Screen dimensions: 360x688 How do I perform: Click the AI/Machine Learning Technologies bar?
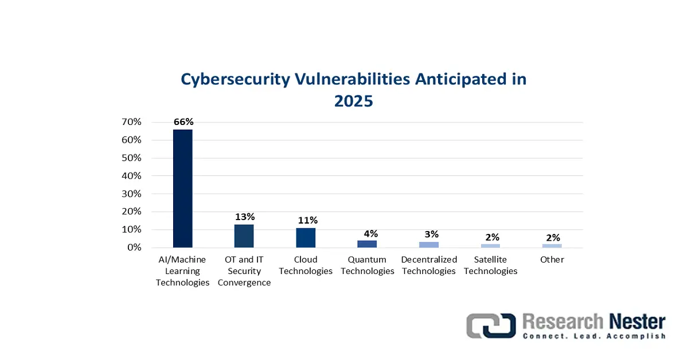coord(183,188)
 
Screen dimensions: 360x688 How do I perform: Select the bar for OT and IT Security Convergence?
coord(244,236)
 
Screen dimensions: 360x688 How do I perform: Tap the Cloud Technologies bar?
coord(306,237)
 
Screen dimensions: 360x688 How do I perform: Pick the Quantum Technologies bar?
coord(367,244)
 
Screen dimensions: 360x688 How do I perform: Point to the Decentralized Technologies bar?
coord(428,245)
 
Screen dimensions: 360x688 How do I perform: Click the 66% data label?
coord(183,122)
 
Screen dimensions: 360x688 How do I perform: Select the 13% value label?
coord(245,217)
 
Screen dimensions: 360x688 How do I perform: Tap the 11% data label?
coord(306,220)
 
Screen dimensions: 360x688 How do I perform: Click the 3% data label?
coord(431,234)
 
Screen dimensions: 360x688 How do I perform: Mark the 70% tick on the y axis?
coord(131,122)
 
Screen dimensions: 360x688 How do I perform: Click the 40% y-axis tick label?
coord(131,176)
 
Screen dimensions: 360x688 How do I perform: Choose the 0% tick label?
coord(134,248)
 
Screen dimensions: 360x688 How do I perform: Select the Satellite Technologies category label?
coord(490,265)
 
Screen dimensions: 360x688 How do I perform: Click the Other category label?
coord(552,260)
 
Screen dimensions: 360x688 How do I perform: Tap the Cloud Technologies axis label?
coord(306,265)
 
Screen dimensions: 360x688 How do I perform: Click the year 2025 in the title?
coord(353,101)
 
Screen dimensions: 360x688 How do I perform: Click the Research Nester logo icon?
coord(491,325)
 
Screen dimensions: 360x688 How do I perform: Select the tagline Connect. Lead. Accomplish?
coord(594,336)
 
